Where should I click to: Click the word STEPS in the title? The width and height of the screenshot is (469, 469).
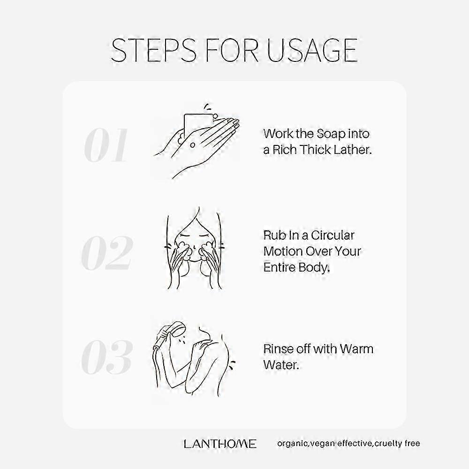(154, 50)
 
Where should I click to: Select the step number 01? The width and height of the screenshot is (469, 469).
(106, 145)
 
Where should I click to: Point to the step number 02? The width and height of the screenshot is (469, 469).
(107, 253)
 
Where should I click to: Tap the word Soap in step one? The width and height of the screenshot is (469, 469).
(331, 134)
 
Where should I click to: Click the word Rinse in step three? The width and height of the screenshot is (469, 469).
(278, 349)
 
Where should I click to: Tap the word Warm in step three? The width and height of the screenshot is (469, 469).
(356, 349)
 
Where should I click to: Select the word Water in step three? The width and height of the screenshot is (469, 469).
(281, 365)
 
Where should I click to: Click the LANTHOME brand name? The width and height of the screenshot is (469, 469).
(220, 444)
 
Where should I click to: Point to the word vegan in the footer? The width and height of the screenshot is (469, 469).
(323, 444)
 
